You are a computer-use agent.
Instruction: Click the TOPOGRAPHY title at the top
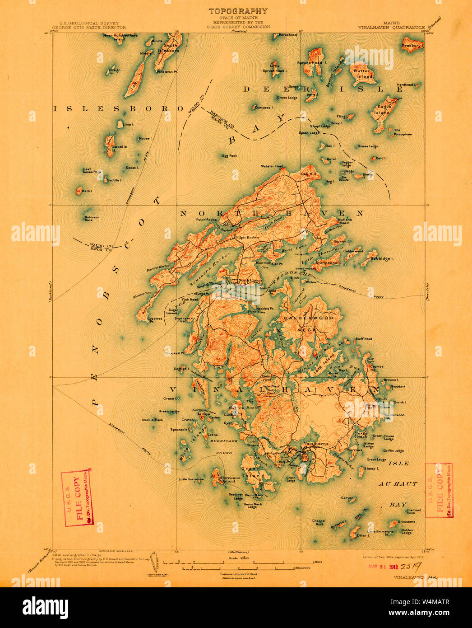(237, 11)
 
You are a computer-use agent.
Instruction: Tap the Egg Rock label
(230, 156)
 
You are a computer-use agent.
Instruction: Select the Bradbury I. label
(412, 46)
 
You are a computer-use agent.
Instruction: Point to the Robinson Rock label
(92, 219)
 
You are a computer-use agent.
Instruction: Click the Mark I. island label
(87, 191)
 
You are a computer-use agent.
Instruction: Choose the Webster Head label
(272, 166)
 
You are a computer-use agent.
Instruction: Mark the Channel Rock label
(319, 522)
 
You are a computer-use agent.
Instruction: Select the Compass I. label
(264, 108)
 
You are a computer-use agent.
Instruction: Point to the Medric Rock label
(153, 420)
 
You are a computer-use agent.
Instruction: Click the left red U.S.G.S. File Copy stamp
(77, 498)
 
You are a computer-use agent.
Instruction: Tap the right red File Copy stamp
(439, 491)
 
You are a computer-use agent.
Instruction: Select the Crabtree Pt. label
(155, 319)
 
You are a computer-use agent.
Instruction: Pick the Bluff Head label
(364, 338)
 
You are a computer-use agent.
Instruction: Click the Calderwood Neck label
(309, 323)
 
